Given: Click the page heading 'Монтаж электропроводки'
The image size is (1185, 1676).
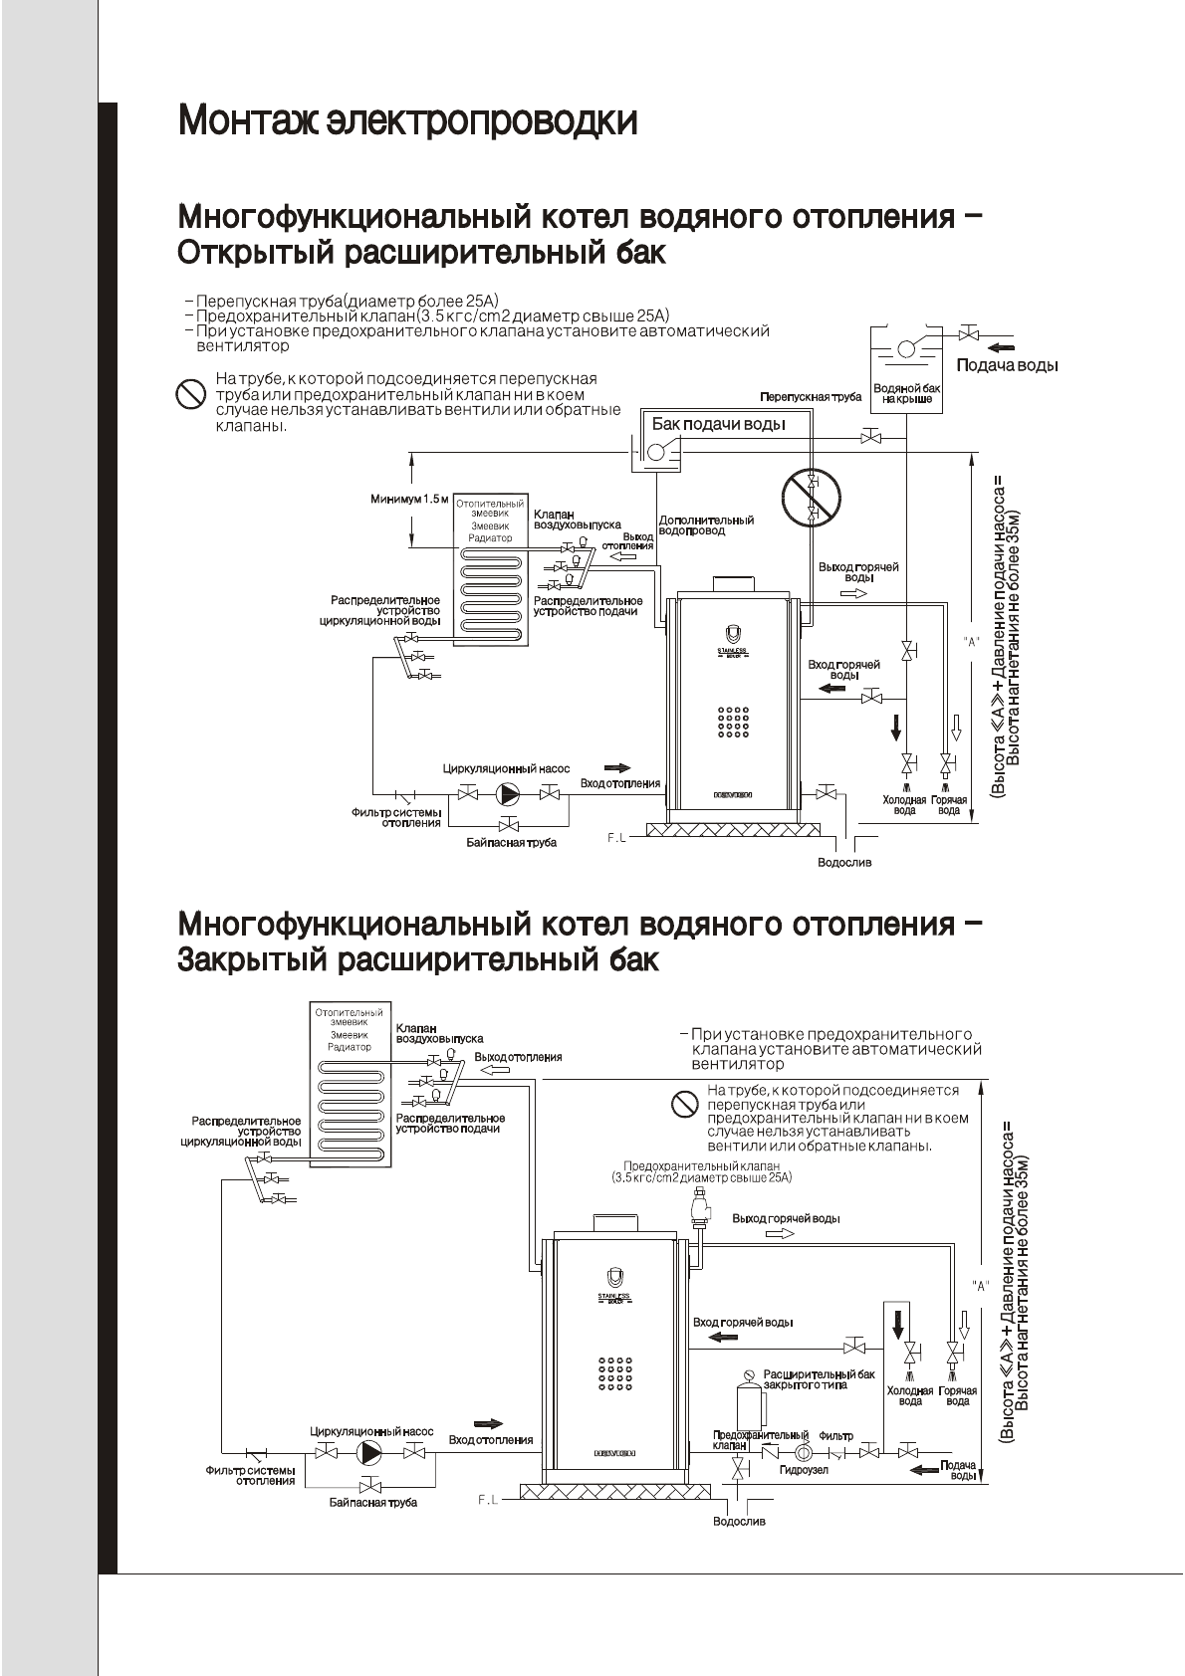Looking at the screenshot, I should pos(407,121).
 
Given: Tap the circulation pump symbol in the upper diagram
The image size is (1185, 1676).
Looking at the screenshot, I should pos(508,793).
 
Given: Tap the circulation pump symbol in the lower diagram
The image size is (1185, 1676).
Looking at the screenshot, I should pos(370,1452).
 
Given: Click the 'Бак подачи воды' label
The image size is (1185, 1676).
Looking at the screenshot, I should pos(718,425).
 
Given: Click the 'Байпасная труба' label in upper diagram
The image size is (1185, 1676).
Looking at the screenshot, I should pos(511,842).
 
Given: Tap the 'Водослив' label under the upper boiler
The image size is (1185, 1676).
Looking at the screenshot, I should pos(843,862).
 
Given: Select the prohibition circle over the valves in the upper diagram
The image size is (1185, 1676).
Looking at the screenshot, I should pos(811,497).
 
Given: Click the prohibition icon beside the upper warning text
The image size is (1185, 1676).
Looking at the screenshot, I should pos(190,394).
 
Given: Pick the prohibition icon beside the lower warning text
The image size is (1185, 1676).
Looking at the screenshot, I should pos(684,1104).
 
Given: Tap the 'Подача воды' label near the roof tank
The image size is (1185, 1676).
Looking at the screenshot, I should pos(1007,365).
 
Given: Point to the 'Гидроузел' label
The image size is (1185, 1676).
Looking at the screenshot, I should pos(804,1470).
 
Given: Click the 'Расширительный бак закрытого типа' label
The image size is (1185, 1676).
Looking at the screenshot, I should pos(819,1379).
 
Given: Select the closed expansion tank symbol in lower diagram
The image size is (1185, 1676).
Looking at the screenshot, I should pos(742,1400).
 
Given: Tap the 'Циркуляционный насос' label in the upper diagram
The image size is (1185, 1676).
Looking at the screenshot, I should pos(506,768).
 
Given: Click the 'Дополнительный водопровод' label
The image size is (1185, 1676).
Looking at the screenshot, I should pos(706,525).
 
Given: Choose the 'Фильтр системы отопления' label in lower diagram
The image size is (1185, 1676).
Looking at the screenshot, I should pos(251,1475).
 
